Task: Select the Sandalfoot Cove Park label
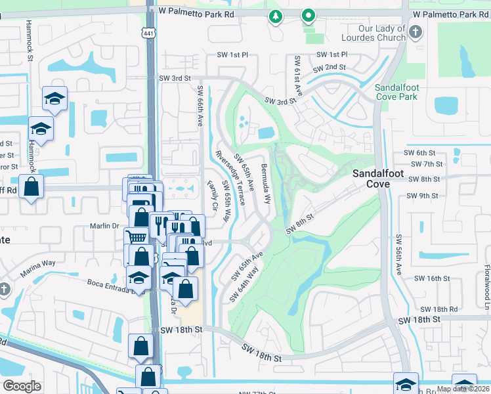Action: [396, 92]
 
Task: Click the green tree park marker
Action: [276, 16]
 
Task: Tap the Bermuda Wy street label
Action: [266, 183]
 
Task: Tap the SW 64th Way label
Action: [244, 283]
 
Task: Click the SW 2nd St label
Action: [329, 68]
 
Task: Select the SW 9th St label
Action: [421, 195]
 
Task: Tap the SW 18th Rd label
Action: [438, 309]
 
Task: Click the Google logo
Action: [22, 385]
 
